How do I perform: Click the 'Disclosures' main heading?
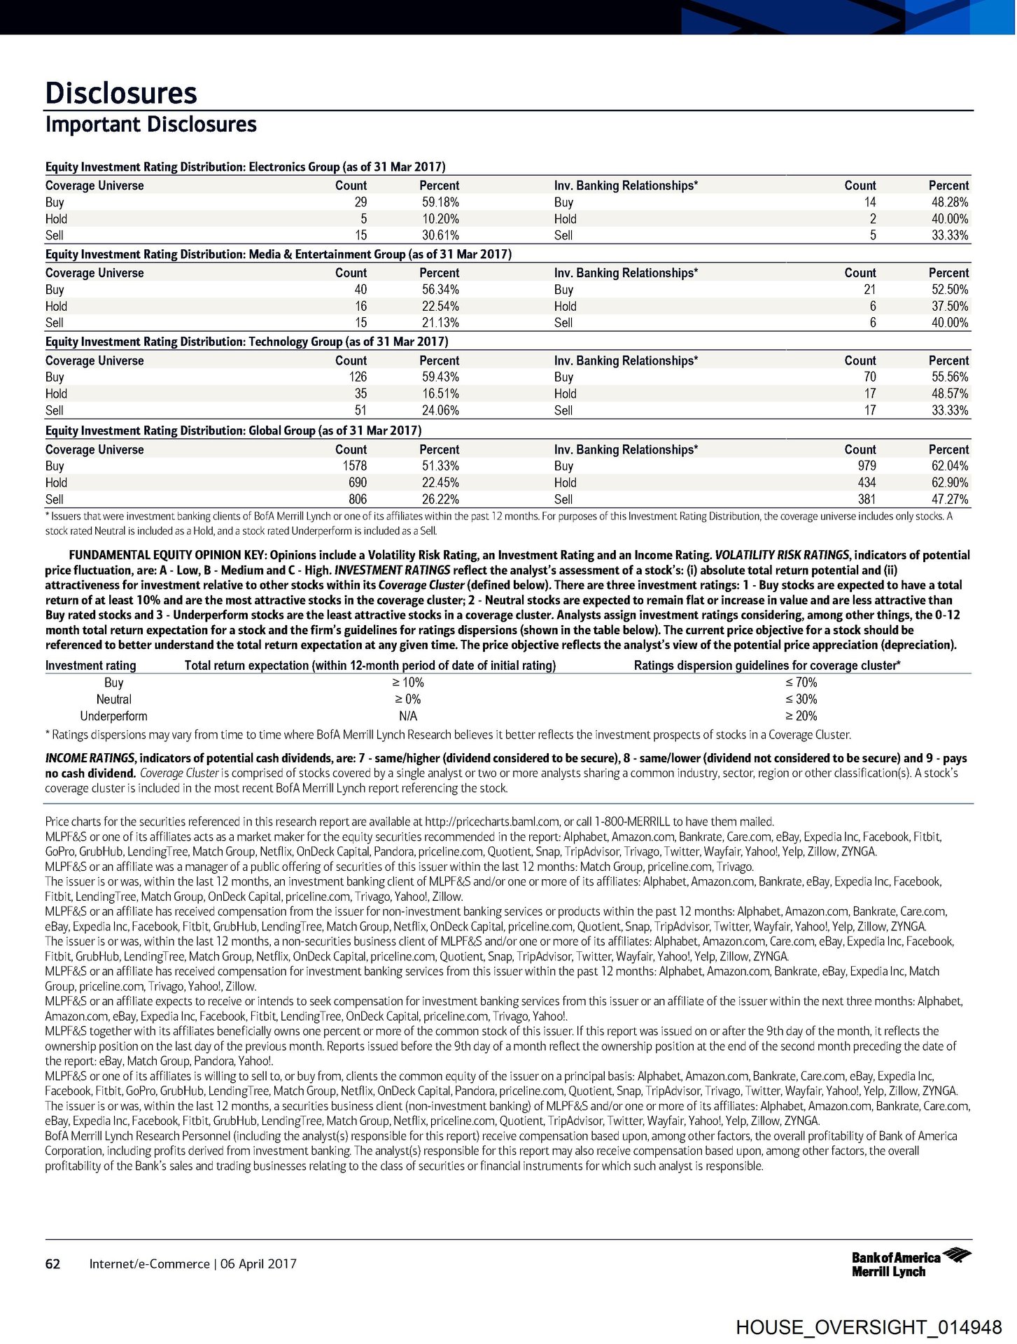pyautogui.click(x=121, y=93)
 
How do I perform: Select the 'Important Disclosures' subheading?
pyautogui.click(x=150, y=125)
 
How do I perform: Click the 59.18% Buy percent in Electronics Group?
pyautogui.click(x=440, y=202)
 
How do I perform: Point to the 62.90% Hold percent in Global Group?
pyautogui.click(x=948, y=483)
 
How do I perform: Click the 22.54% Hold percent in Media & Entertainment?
pyautogui.click(x=440, y=307)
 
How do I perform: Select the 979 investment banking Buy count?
pyautogui.click(x=866, y=466)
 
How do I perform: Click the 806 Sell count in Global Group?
pyautogui.click(x=357, y=500)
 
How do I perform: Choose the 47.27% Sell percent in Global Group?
pyautogui.click(x=948, y=500)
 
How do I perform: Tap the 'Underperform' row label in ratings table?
pyautogui.click(x=113, y=716)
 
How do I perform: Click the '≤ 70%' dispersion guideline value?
pyautogui.click(x=801, y=682)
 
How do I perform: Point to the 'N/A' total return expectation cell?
pyautogui.click(x=407, y=716)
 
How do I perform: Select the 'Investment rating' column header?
pyautogui.click(x=90, y=666)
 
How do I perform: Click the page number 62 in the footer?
pyautogui.click(x=52, y=1264)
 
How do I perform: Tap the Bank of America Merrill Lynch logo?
pyautogui.click(x=910, y=1263)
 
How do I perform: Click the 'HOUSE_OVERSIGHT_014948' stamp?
pyautogui.click(x=869, y=1328)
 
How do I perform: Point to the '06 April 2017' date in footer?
pyautogui.click(x=258, y=1264)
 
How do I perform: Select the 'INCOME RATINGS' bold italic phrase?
pyautogui.click(x=90, y=758)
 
